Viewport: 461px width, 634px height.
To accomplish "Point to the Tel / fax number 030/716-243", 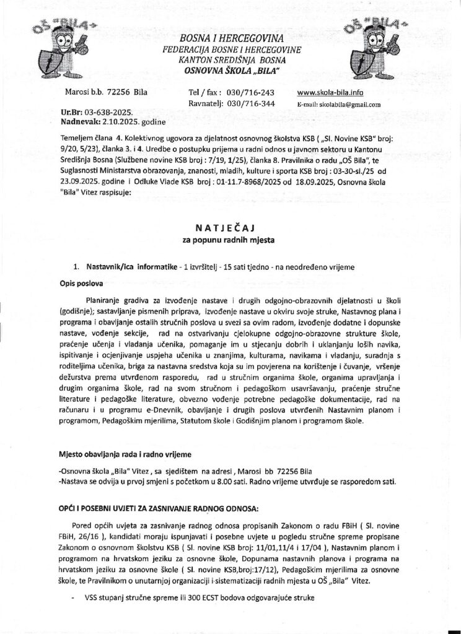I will tap(252, 93).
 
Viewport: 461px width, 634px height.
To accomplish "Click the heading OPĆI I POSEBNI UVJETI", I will tap(155, 509).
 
